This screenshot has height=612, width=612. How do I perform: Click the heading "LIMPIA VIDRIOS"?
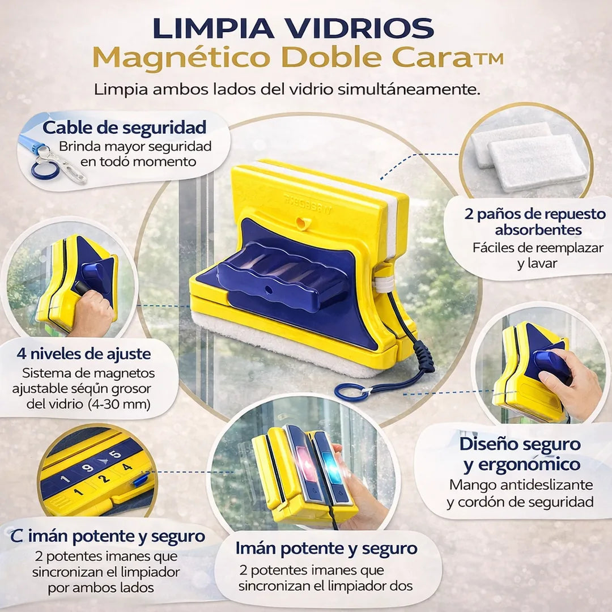tap(293, 28)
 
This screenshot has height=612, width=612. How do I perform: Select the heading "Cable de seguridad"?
tap(125, 127)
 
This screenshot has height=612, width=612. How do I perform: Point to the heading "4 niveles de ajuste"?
tap(83, 354)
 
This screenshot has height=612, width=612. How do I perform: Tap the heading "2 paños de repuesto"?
tap(535, 214)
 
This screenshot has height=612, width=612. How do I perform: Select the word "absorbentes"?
tap(538, 230)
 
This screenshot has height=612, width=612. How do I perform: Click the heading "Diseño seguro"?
tap(520, 444)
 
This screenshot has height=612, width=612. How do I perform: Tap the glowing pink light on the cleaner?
tap(303, 462)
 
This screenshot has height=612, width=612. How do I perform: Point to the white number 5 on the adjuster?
tap(115, 454)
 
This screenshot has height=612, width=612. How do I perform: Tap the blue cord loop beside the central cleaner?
tap(350, 391)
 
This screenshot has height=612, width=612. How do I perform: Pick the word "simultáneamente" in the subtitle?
tap(409, 90)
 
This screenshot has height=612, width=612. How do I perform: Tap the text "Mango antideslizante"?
tap(521, 484)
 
